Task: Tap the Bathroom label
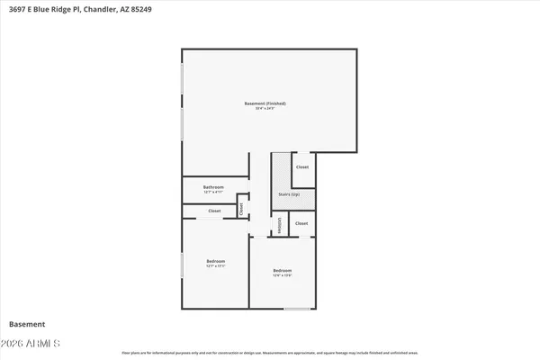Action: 213,186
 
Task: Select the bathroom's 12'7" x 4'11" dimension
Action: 213,192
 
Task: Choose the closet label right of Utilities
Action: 301,223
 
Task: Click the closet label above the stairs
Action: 302,167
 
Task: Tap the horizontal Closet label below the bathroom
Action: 214,211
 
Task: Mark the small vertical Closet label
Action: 241,207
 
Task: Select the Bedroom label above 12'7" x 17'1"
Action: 215,261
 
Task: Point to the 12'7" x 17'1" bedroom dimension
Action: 215,266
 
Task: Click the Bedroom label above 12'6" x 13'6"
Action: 283,270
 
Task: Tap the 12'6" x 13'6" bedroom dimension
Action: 283,275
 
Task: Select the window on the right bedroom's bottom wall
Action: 297,309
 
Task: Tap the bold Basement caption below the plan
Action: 27,324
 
